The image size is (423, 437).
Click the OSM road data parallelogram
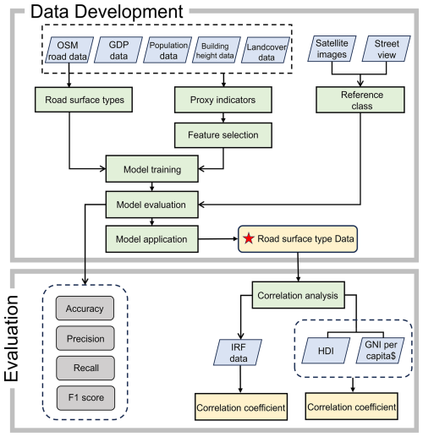[x=71, y=50]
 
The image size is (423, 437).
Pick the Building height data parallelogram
[x=217, y=51]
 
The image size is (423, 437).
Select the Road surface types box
[x=80, y=101]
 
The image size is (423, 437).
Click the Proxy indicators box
[x=223, y=101]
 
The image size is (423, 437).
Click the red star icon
[x=249, y=240]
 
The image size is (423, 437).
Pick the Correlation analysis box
[x=299, y=297]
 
